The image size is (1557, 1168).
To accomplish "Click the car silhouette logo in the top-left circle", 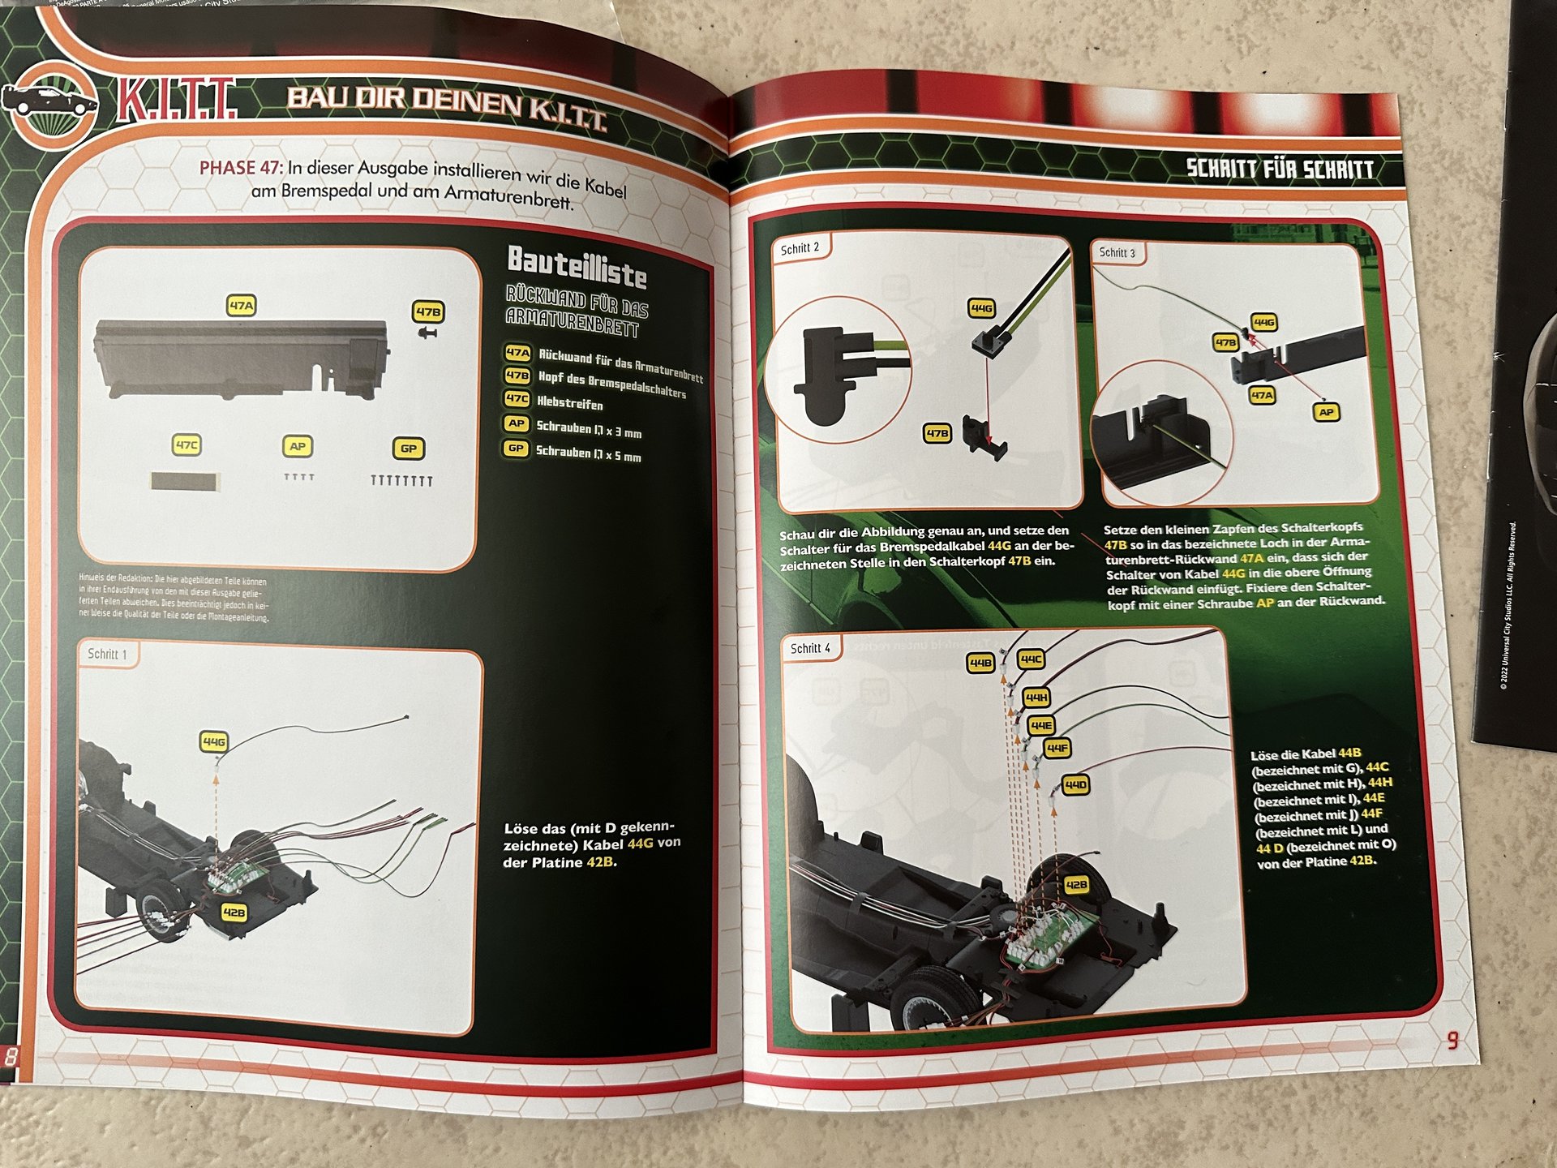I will [49, 101].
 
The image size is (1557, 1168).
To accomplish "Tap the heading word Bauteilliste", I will [577, 267].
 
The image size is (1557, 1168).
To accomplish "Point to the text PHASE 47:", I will [241, 167].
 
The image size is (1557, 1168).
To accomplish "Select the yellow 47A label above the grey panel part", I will [241, 306].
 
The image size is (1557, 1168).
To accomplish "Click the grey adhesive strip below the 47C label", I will [185, 482].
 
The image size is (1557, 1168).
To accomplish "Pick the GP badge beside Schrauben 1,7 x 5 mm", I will [516, 449].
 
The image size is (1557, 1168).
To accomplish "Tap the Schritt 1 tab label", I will [107, 654].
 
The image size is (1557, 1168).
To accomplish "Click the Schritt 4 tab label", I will [810, 648].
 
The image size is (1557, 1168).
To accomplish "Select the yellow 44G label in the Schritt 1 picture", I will [214, 741].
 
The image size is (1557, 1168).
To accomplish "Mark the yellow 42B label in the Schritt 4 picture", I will [1075, 884].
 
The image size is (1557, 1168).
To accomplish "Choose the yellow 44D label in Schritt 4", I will [1075, 785].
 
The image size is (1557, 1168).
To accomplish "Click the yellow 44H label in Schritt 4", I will [1036, 697].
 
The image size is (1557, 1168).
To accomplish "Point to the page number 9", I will [1452, 1040].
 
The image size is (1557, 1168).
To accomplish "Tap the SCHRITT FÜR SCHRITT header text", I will [1280, 169].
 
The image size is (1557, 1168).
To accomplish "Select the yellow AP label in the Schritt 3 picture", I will [1326, 412].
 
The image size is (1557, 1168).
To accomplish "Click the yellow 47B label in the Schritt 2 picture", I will [937, 433].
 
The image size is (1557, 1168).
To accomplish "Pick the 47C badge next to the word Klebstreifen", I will [517, 399].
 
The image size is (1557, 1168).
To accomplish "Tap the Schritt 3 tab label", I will [1117, 253].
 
